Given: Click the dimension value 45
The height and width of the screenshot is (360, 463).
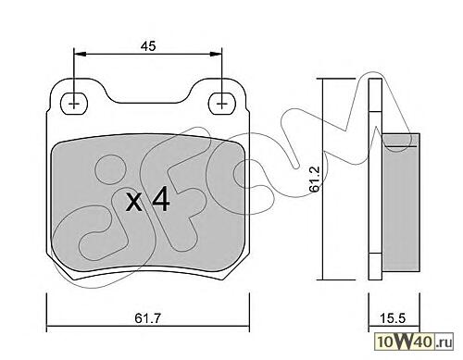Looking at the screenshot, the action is (148, 46).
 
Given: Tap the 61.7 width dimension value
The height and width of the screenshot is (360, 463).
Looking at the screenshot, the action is (147, 318).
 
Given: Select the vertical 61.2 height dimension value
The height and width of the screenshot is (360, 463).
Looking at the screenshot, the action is (315, 180).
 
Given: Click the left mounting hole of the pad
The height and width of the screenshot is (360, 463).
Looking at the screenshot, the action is (74, 104).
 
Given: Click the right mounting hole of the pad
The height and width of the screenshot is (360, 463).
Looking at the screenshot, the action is (221, 104).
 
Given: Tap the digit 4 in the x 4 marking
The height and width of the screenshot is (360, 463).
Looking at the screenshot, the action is (160, 199).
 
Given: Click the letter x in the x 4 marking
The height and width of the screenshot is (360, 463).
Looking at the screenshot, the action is (134, 203).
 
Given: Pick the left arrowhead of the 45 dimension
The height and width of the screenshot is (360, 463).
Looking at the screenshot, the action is (80, 54).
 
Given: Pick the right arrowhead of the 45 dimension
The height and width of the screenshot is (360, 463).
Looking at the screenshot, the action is (216, 54).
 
